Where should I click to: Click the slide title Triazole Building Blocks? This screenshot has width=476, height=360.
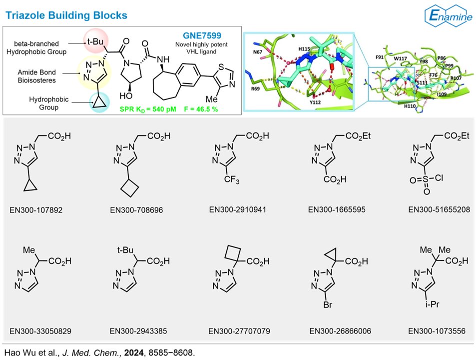66,15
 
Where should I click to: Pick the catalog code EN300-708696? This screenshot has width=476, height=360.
136,209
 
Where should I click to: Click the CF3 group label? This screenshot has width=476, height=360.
231,179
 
